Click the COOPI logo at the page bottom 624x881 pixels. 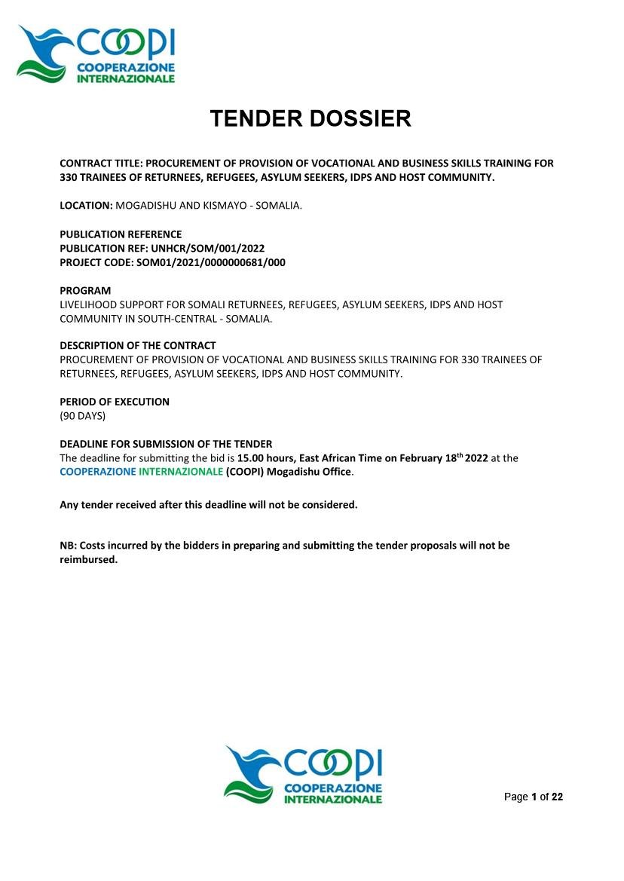click(x=303, y=774)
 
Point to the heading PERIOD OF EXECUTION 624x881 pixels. click(x=115, y=402)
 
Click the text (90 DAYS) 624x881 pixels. click(x=83, y=416)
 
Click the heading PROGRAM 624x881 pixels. click(x=85, y=290)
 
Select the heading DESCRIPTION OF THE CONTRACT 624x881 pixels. click(x=138, y=346)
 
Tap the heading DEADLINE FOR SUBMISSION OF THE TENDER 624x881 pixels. click(x=166, y=444)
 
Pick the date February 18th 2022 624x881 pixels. click(x=444, y=458)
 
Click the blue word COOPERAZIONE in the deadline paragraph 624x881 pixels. click(x=98, y=472)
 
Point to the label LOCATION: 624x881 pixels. click(x=86, y=206)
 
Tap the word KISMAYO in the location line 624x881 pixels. click(x=222, y=206)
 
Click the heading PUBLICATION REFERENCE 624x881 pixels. click(x=121, y=234)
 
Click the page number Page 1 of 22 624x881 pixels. click(x=533, y=797)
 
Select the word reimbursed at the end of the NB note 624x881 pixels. click(x=88, y=559)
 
